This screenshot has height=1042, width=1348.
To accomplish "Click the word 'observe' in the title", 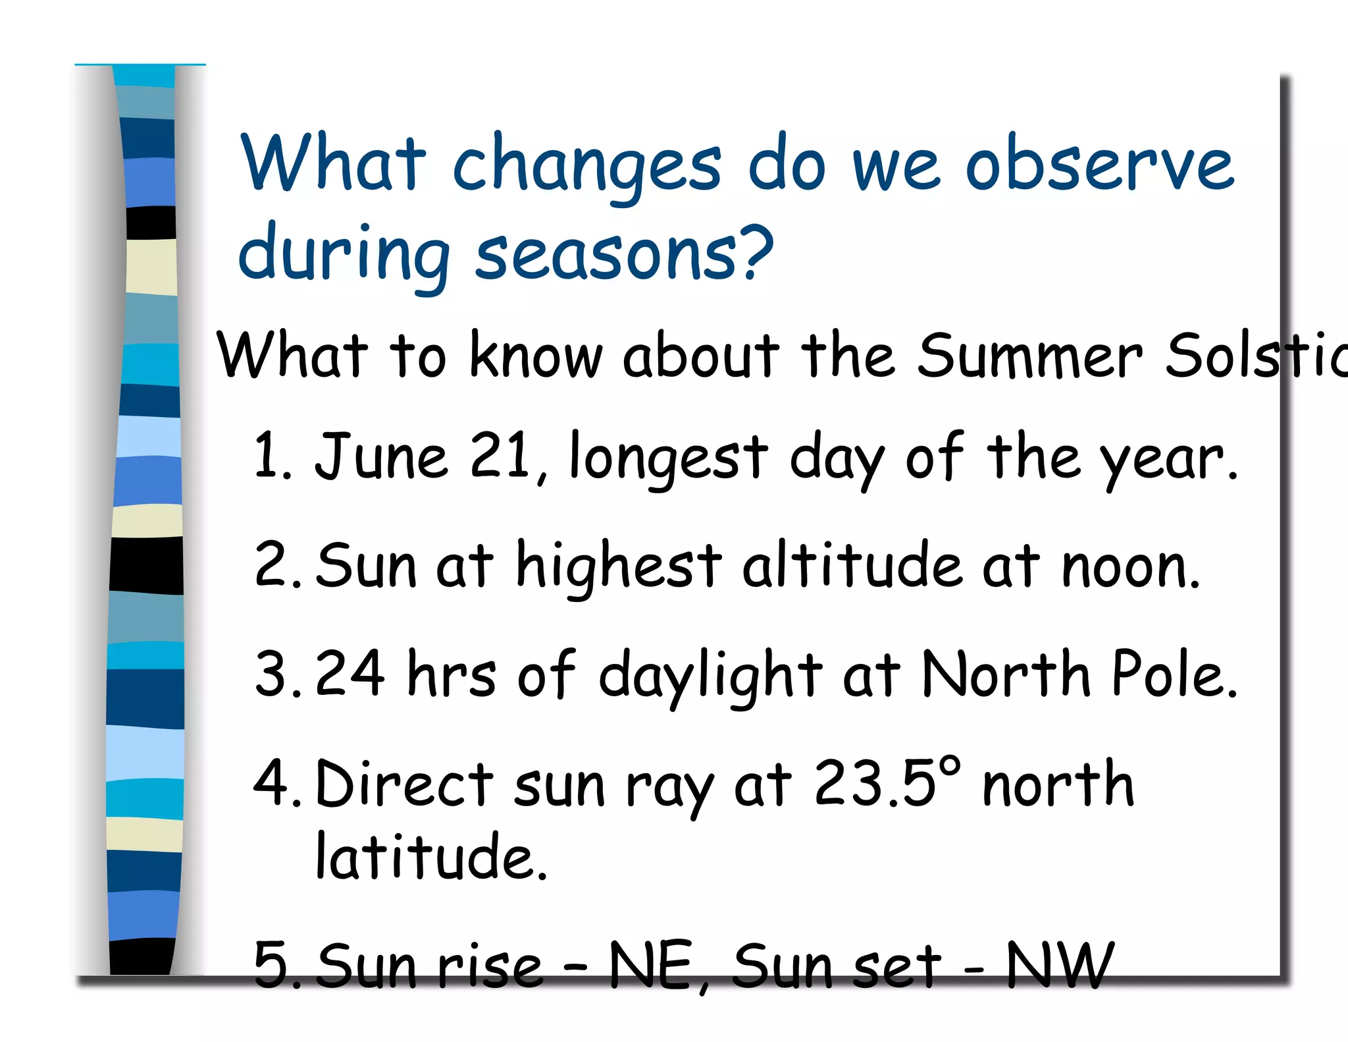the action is (1099, 166).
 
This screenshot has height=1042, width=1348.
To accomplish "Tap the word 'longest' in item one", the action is (668, 459).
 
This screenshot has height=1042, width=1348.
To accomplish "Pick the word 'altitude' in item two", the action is (852, 565).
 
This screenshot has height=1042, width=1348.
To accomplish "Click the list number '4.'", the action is (276, 784).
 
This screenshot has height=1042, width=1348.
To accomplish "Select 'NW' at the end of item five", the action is (1060, 966).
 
